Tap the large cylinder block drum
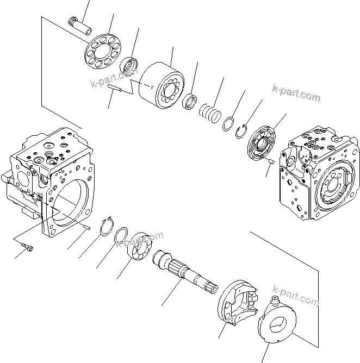pos(161,85)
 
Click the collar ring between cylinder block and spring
pos(190,102)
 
